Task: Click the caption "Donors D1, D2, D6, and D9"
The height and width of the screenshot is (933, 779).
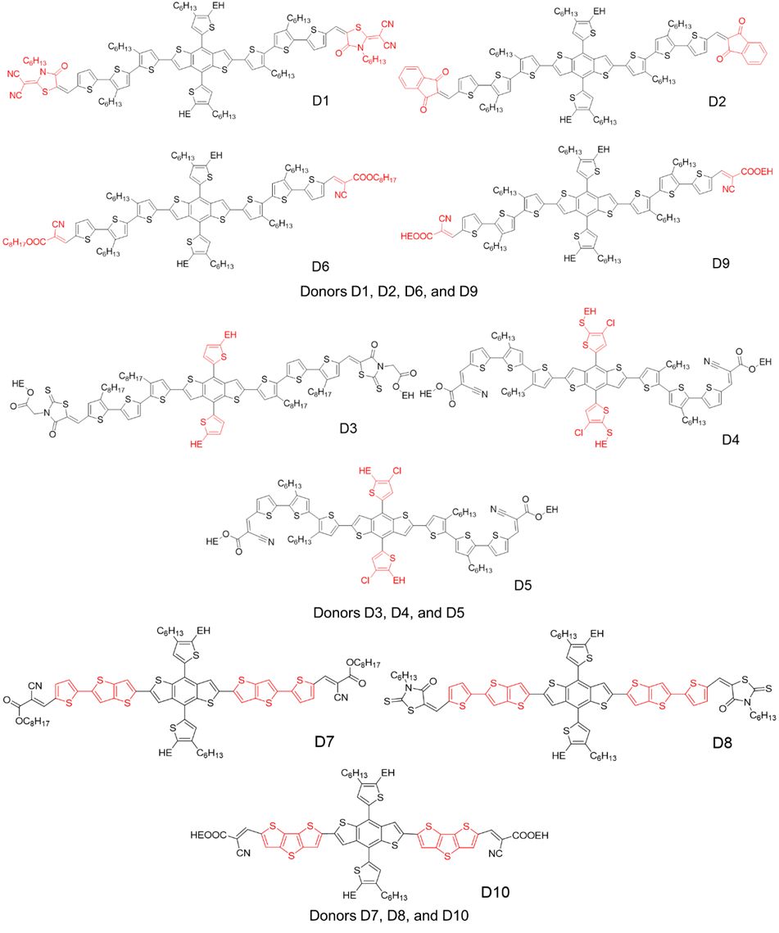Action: coord(389,289)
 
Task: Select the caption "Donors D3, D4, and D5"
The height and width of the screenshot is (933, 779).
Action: coord(389,611)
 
